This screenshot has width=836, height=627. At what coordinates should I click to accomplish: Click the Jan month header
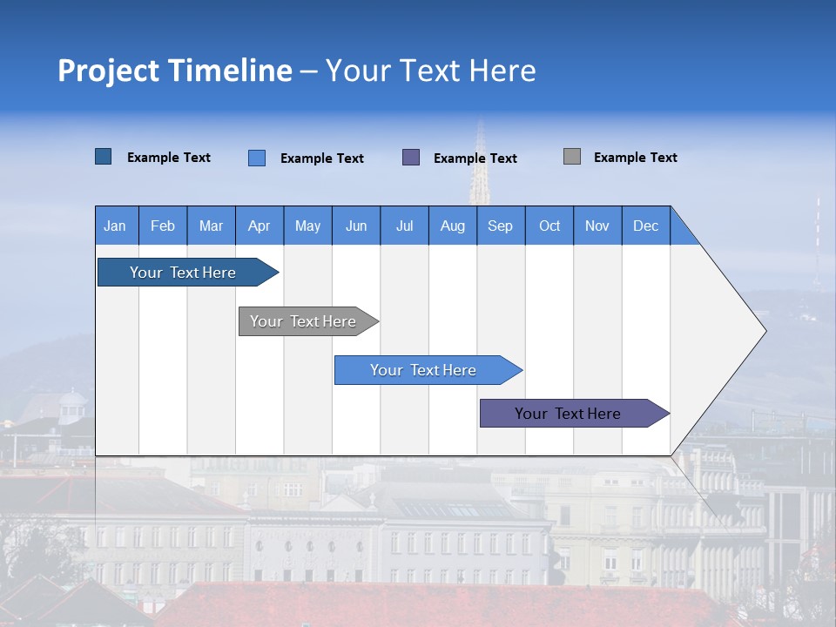click(x=115, y=226)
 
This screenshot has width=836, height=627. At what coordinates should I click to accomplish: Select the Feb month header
click(x=163, y=226)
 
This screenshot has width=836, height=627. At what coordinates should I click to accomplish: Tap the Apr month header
click(x=259, y=226)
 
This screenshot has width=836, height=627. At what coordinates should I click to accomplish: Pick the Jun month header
click(x=356, y=226)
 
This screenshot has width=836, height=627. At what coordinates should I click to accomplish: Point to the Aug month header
click(x=452, y=226)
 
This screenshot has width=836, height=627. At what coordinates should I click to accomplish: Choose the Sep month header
click(x=500, y=226)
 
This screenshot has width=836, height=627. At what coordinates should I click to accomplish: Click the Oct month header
click(x=549, y=226)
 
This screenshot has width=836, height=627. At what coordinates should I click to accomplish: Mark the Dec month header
click(x=645, y=226)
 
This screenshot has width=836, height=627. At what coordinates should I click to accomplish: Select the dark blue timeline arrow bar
click(x=183, y=273)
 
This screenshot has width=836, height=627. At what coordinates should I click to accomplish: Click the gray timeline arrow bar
click(x=303, y=321)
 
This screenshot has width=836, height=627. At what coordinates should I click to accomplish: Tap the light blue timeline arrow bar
click(x=423, y=370)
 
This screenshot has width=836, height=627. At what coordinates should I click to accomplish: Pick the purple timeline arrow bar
click(x=568, y=414)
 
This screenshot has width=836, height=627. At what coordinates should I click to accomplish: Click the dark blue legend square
click(x=104, y=157)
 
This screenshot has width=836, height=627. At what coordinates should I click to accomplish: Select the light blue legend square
click(x=257, y=158)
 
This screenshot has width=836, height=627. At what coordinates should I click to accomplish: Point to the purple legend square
click(x=411, y=157)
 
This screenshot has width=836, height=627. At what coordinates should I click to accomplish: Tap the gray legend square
click(x=572, y=157)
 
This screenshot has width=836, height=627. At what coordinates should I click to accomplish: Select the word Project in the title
click(x=109, y=71)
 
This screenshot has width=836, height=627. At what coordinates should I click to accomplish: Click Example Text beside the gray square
click(x=635, y=158)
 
